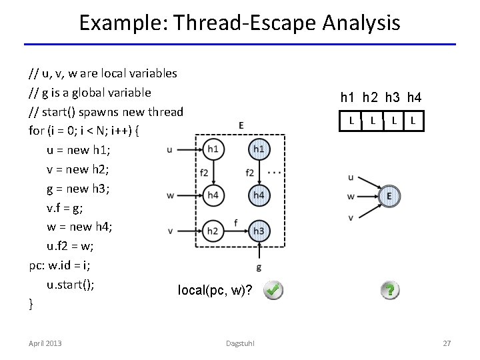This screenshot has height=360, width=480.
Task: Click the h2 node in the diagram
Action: pyautogui.click(x=213, y=231)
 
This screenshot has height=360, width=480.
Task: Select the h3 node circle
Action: pyautogui.click(x=259, y=231)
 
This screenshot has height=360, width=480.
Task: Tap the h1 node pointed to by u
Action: pyautogui.click(x=213, y=149)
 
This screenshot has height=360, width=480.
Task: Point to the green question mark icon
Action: pyautogui.click(x=389, y=290)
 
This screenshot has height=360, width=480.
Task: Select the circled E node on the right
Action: pyautogui.click(x=389, y=196)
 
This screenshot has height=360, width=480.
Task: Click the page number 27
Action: pyautogui.click(x=447, y=343)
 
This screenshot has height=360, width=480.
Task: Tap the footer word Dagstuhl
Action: pyautogui.click(x=240, y=343)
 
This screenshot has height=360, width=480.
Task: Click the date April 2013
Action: pyautogui.click(x=45, y=343)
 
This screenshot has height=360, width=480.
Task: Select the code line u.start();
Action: pyautogui.click(x=70, y=285)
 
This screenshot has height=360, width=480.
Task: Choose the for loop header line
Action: pyautogui.click(x=84, y=130)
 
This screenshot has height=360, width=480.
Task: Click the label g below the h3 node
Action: pyautogui.click(x=259, y=267)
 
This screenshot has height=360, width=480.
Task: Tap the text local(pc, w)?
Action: pyautogui.click(x=215, y=290)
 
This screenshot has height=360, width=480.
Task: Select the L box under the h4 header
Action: pyautogui.click(x=413, y=121)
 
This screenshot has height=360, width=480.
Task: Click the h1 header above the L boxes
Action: pyautogui.click(x=348, y=98)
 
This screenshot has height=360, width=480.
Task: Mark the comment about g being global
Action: pyautogui.click(x=90, y=92)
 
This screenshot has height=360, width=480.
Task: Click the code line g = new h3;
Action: pyautogui.click(x=77, y=188)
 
